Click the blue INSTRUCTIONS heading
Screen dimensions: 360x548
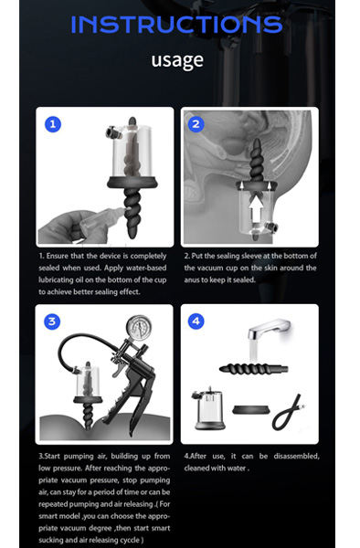pyautogui.click(x=176, y=24)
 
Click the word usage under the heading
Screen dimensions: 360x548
pyautogui.click(x=177, y=60)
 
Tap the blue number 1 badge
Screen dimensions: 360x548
pyautogui.click(x=53, y=124)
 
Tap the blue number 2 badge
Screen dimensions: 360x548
pyautogui.click(x=196, y=124)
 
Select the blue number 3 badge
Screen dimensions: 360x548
pyautogui.click(x=52, y=321)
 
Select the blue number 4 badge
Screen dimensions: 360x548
pyautogui.click(x=196, y=321)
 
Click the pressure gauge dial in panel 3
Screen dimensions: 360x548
pyautogui.click(x=139, y=328)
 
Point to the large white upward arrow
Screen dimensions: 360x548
pyautogui.click(x=257, y=209)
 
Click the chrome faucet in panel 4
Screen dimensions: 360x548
pyautogui.click(x=269, y=329)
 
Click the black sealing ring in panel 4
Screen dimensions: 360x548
pyautogui.click(x=251, y=410)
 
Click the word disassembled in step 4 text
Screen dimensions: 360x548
pyautogui.click(x=296, y=456)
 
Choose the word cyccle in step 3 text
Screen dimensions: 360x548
pyautogui.click(x=129, y=541)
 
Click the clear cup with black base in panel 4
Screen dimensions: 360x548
pyautogui.click(x=208, y=408)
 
